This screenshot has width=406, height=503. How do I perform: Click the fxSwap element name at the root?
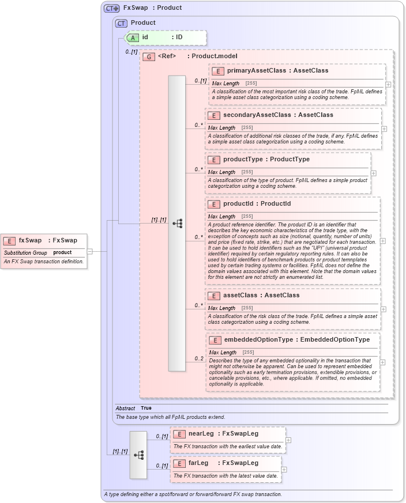click(x=30, y=240)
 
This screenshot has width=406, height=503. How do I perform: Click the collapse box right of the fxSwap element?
click(x=89, y=251)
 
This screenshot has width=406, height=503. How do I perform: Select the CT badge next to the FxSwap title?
click(x=111, y=8)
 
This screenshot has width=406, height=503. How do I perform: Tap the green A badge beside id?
click(x=132, y=37)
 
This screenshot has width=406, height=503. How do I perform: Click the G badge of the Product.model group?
click(x=149, y=56)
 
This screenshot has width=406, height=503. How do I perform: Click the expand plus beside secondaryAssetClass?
click(x=384, y=129)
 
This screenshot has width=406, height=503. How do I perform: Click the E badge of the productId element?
click(x=213, y=204)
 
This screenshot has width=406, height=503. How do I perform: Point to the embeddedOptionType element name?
click(x=258, y=340)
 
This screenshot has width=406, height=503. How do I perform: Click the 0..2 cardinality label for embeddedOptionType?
click(x=199, y=358)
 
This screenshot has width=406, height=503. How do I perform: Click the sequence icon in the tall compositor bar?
click(x=177, y=223)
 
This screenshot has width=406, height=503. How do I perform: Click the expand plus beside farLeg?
click(x=284, y=470)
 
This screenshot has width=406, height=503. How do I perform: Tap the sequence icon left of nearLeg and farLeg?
click(x=138, y=455)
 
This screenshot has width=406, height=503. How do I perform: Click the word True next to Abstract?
click(x=147, y=408)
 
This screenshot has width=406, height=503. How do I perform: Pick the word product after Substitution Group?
click(x=62, y=252)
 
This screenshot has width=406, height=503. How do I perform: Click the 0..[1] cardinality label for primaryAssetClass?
click(x=200, y=81)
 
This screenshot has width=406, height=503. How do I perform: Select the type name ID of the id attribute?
click(x=179, y=37)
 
